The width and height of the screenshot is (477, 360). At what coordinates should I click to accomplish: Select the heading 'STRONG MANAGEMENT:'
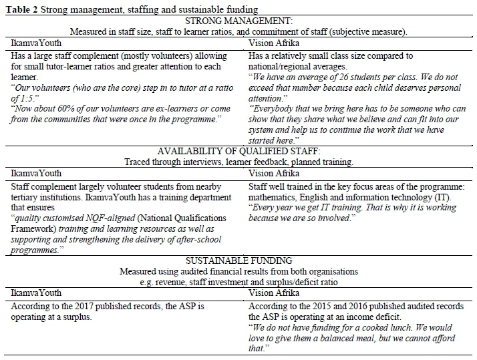pos(239,20)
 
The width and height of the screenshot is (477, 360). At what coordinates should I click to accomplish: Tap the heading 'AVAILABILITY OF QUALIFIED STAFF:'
pos(238,151)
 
